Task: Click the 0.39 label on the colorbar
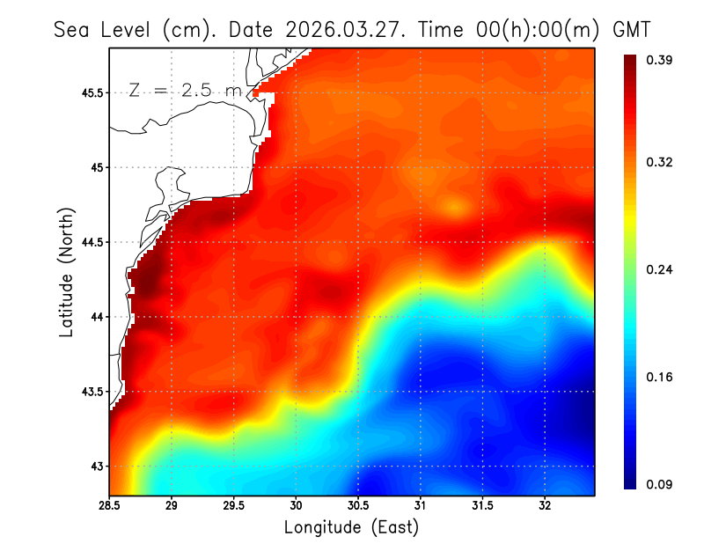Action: pyautogui.click(x=661, y=60)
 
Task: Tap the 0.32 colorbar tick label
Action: pyautogui.click(x=661, y=163)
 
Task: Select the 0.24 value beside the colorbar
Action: pyautogui.click(x=661, y=270)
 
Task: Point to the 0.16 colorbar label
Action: pyautogui.click(x=661, y=378)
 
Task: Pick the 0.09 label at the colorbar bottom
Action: pyautogui.click(x=661, y=484)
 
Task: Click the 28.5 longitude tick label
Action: pyautogui.click(x=110, y=505)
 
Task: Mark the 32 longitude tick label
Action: pyautogui.click(x=545, y=505)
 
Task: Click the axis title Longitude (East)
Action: pyautogui.click(x=351, y=527)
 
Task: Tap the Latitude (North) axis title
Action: pyautogui.click(x=67, y=272)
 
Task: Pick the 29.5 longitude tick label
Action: pyautogui.click(x=234, y=505)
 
